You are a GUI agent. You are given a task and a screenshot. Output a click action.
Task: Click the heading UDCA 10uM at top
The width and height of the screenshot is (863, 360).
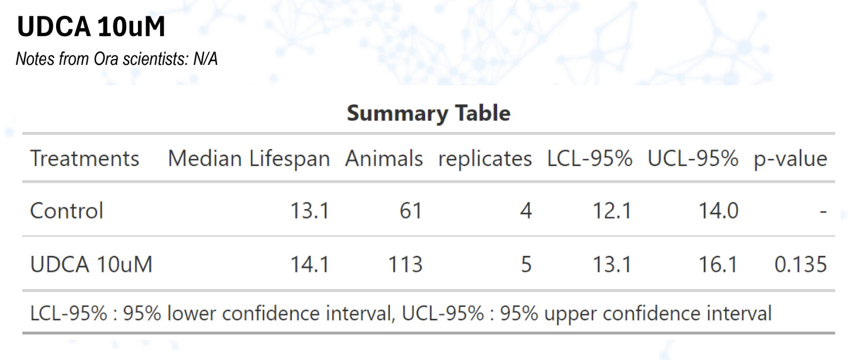(91, 27)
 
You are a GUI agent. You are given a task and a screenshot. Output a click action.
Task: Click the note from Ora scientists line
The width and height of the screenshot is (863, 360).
(116, 59)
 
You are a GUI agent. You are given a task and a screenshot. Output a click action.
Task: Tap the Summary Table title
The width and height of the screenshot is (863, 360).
(428, 113)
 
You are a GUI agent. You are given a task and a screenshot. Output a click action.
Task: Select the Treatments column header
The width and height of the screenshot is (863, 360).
(85, 158)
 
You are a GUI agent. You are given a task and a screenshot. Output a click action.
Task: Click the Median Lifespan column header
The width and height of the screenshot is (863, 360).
(248, 158)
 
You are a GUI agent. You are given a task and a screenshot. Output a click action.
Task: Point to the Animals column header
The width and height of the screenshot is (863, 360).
(384, 158)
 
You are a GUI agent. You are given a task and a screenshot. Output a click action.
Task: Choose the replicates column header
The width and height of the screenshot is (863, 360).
(485, 158)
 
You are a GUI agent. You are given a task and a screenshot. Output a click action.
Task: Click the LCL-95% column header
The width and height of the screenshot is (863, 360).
(589, 158)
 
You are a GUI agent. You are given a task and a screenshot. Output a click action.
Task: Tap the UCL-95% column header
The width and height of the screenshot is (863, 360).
(692, 158)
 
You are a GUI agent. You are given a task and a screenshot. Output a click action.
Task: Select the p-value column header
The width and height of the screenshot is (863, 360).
(790, 158)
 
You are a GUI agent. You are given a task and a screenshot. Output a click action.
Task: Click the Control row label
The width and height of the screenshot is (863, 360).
(67, 210)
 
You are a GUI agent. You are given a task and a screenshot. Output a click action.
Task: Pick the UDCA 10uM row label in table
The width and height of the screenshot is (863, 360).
(91, 265)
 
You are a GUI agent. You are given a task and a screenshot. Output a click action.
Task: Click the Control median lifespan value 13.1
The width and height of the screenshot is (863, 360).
(310, 210)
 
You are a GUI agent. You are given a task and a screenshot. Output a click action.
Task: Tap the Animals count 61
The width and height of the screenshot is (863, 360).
(410, 210)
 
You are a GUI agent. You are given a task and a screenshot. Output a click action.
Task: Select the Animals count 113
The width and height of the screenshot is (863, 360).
(405, 265)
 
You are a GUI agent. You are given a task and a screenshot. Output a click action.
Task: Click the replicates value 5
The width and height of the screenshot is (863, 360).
(526, 265)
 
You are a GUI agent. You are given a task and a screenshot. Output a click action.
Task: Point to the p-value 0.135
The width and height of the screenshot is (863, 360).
(800, 265)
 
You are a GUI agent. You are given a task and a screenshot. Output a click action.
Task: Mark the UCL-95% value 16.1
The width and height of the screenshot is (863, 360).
(719, 265)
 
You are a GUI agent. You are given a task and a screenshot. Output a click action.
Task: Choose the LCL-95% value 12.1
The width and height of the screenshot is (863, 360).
(612, 210)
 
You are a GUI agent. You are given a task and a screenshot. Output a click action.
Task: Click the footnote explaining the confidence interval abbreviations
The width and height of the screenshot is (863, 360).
(401, 314)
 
